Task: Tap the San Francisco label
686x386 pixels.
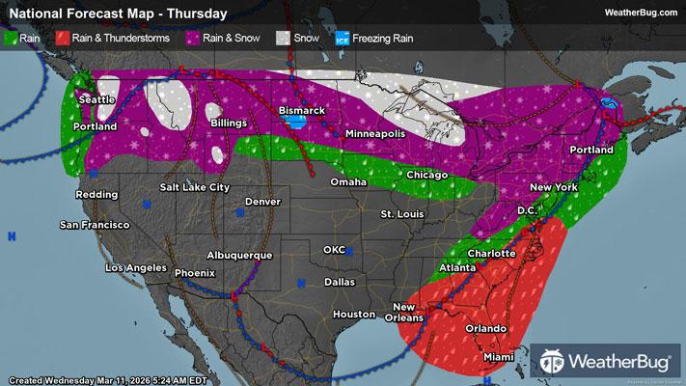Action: pos(95,225)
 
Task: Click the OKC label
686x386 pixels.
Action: pos(334,250)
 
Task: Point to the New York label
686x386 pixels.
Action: pos(554,186)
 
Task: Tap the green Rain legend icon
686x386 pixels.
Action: pos(10,40)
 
